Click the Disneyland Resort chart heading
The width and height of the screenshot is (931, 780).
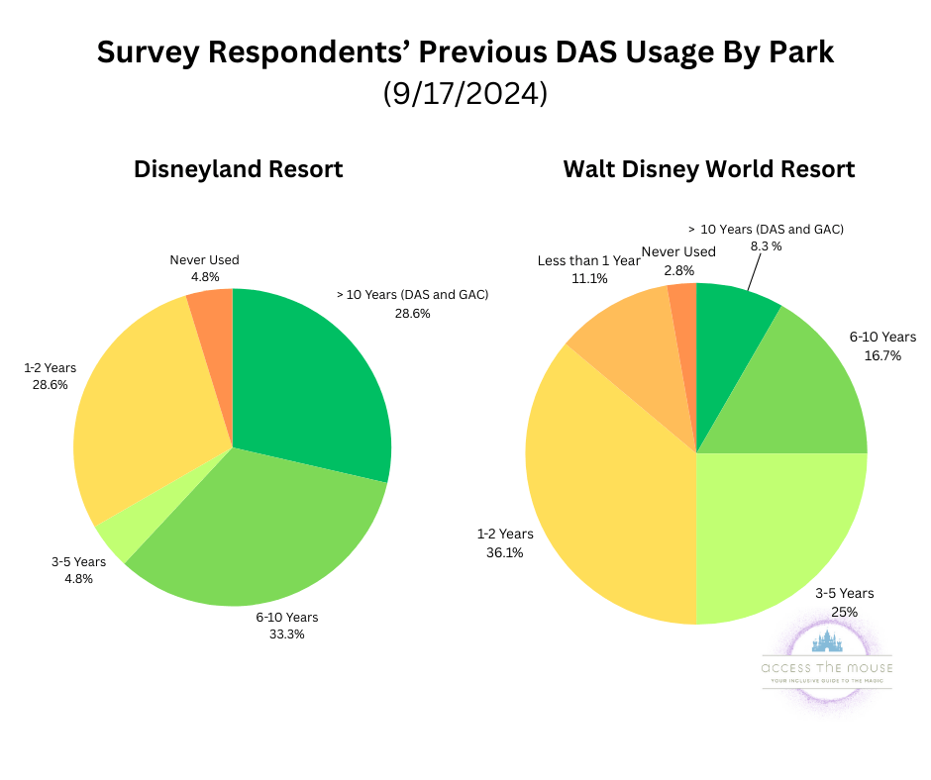pos(238,169)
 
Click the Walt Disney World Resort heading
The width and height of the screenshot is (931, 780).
pos(708,169)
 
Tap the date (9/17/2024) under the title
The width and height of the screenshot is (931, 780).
pos(465,94)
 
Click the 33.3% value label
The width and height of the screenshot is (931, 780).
pos(287,634)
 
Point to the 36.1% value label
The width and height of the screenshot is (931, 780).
pos(505,552)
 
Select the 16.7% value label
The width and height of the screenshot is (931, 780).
pos(882,355)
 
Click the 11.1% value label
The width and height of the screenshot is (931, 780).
pos(588,279)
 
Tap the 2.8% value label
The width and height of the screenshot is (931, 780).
pos(678,269)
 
